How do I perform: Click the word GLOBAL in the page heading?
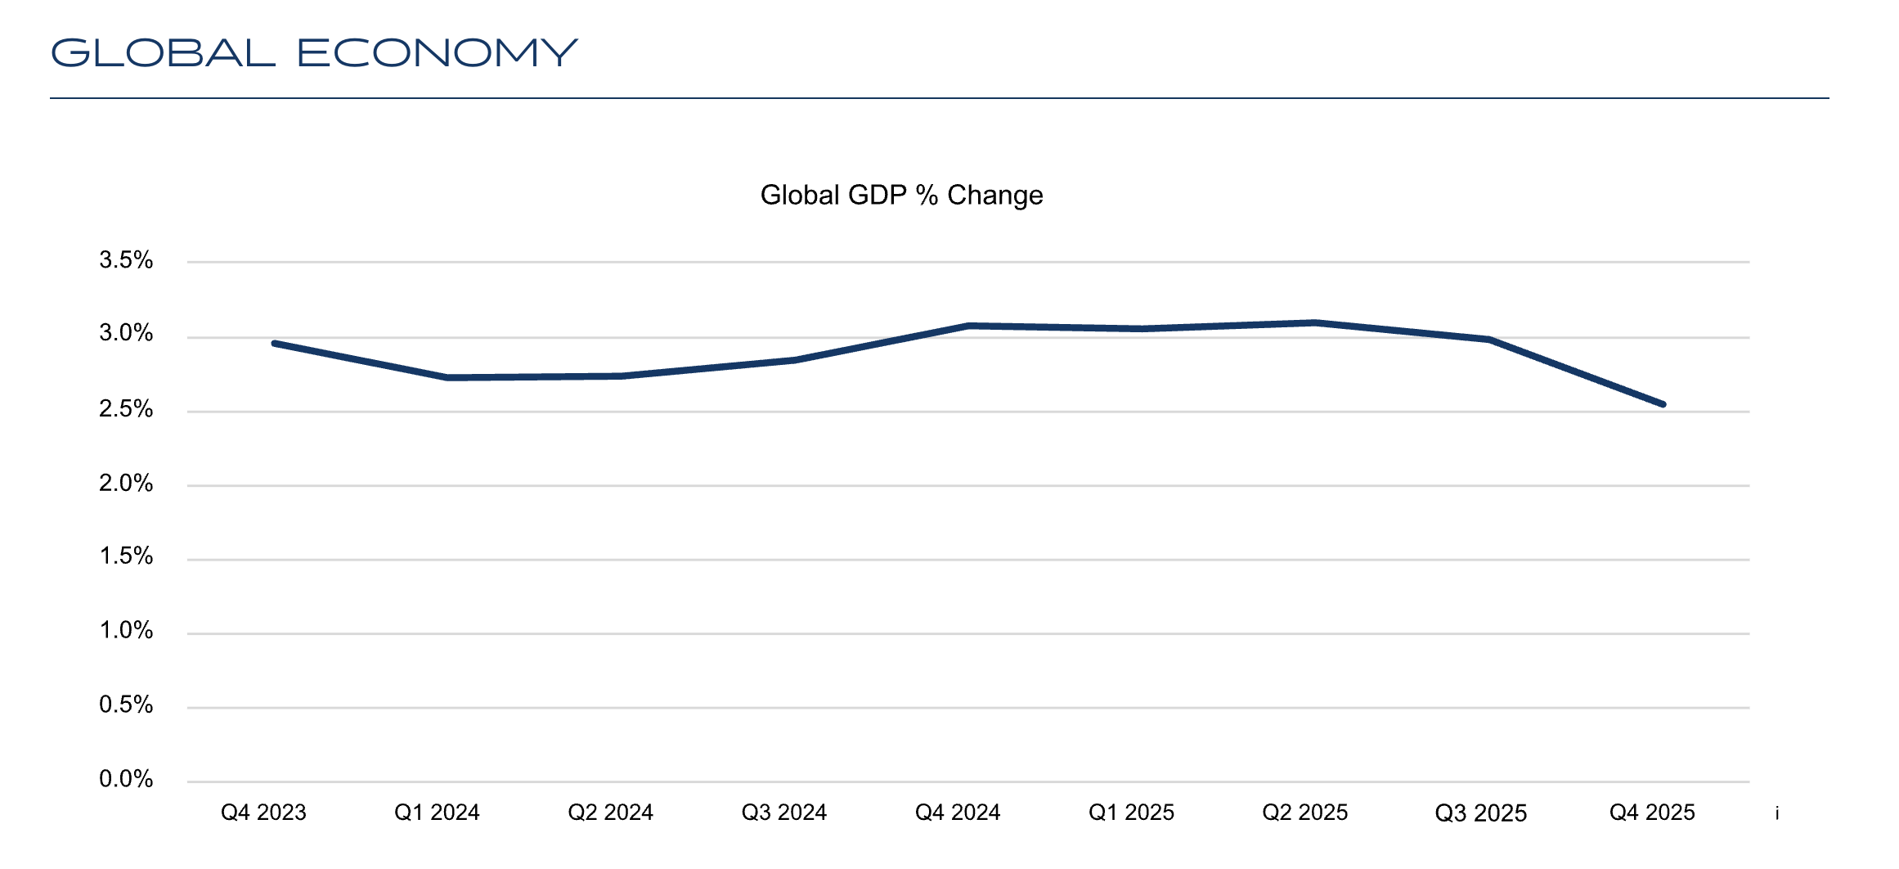[x=163, y=53]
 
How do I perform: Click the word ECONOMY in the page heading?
[x=437, y=53]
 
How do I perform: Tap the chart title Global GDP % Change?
[x=901, y=195]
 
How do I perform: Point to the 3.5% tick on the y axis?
[x=126, y=260]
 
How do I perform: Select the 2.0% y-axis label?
[x=126, y=483]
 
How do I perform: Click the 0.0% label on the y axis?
[x=126, y=778]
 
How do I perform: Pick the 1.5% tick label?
[x=126, y=556]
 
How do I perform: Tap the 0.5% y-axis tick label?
[x=126, y=705]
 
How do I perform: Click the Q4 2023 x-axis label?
[x=263, y=813]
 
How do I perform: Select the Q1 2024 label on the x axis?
[x=437, y=813]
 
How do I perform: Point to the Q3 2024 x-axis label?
[x=783, y=813]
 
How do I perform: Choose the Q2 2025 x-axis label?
[x=1304, y=813]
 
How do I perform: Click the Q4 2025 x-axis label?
[x=1652, y=813]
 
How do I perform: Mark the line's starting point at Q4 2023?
[x=275, y=344]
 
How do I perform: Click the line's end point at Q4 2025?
[x=1663, y=404]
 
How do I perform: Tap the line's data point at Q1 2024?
[x=447, y=377]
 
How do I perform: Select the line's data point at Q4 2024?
[x=968, y=326]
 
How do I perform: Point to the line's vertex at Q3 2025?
[x=1489, y=340]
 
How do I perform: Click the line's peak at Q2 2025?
[x=1315, y=322]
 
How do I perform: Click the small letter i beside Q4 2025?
[x=1777, y=813]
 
